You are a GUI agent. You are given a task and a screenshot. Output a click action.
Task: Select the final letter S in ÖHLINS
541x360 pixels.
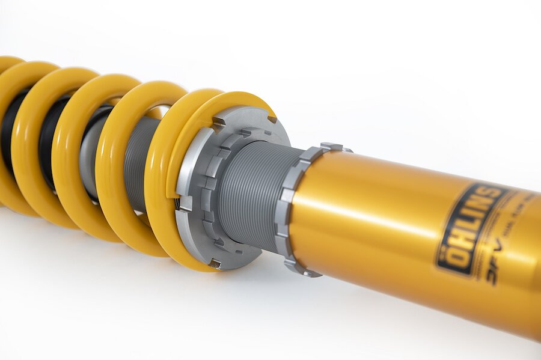coord(496,195)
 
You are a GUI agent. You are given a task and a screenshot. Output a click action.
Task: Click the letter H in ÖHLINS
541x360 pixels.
coord(460,243)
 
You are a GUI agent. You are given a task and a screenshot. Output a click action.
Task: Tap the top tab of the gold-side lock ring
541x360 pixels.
coord(332,147)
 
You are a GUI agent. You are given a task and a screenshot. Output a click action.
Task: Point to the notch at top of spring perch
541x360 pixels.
coord(219,121)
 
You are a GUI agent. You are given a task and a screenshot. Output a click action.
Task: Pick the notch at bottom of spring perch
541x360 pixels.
coord(214,263)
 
